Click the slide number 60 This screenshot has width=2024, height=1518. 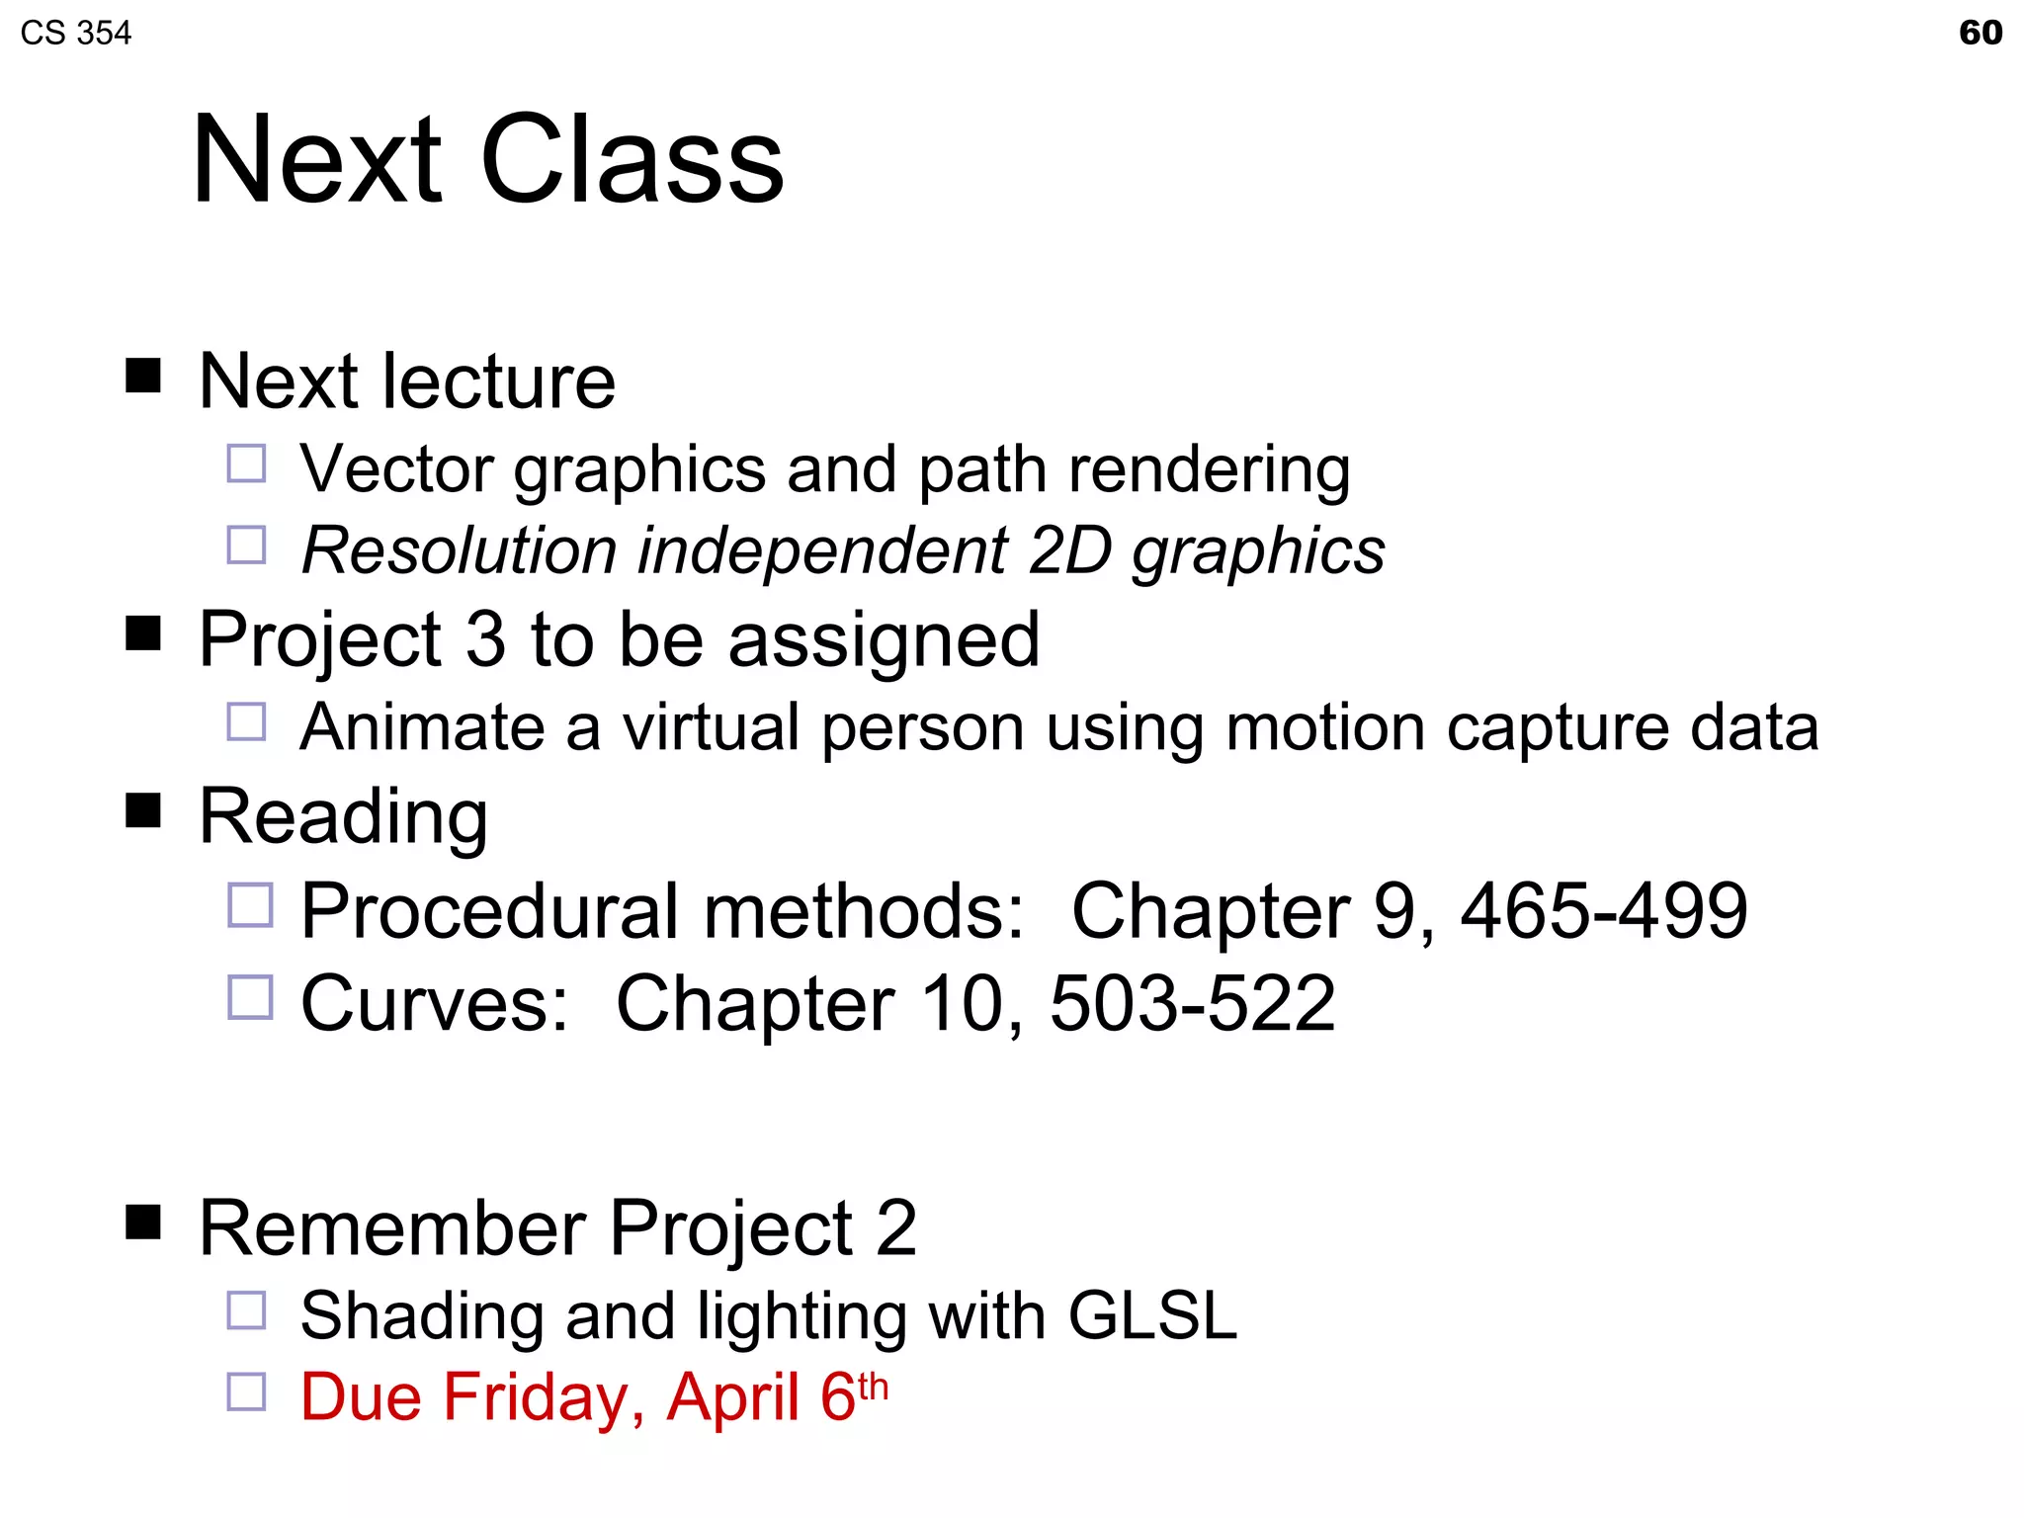click(1980, 33)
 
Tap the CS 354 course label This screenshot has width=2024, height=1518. click(75, 34)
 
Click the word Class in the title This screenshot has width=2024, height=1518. click(632, 160)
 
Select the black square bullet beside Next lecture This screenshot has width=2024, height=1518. click(143, 376)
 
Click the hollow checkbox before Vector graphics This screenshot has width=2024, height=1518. click(246, 463)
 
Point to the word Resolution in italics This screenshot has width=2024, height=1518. click(460, 549)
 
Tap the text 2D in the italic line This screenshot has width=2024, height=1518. click(1070, 549)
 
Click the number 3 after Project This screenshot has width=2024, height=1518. click(485, 639)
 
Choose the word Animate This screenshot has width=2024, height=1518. click(422, 727)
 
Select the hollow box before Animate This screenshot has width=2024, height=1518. click(246, 721)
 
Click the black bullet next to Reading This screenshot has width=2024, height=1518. click(143, 810)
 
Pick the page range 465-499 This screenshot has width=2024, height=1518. click(1604, 910)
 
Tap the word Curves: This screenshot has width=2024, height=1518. click(435, 1003)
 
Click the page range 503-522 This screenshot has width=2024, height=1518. click(1192, 1003)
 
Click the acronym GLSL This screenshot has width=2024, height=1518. click(1152, 1315)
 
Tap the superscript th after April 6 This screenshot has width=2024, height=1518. click(873, 1386)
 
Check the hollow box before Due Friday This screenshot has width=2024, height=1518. click(246, 1391)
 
